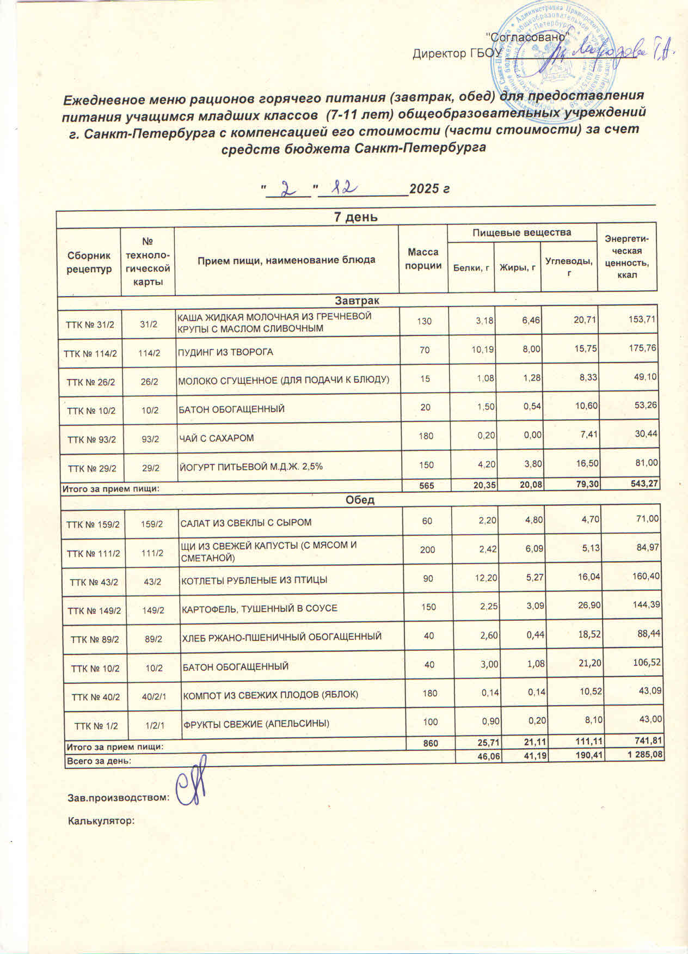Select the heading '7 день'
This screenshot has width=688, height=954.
click(x=355, y=217)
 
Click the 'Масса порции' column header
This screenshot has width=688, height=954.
click(x=423, y=259)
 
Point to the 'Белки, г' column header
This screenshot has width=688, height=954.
click(x=470, y=267)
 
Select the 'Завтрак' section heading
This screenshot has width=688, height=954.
click(x=357, y=301)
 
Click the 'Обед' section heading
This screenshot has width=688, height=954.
click(x=360, y=500)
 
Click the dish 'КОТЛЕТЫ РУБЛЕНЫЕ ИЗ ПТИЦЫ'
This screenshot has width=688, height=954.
click(x=254, y=580)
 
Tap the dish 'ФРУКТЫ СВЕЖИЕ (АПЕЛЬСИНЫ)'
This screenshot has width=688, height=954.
click(x=256, y=724)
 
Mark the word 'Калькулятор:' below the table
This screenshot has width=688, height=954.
click(x=101, y=821)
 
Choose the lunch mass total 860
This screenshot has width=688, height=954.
click(x=431, y=743)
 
